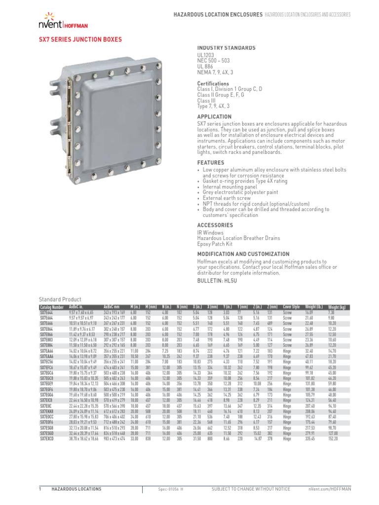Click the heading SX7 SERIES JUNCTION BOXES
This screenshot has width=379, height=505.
point(80,39)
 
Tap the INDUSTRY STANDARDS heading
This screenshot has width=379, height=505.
point(226,48)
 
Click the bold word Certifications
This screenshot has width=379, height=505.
point(213,84)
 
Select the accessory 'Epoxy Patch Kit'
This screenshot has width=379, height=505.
point(215,244)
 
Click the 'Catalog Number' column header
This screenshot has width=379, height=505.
point(51,307)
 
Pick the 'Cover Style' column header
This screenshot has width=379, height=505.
point(291,307)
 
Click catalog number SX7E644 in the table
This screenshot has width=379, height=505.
point(47,312)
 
